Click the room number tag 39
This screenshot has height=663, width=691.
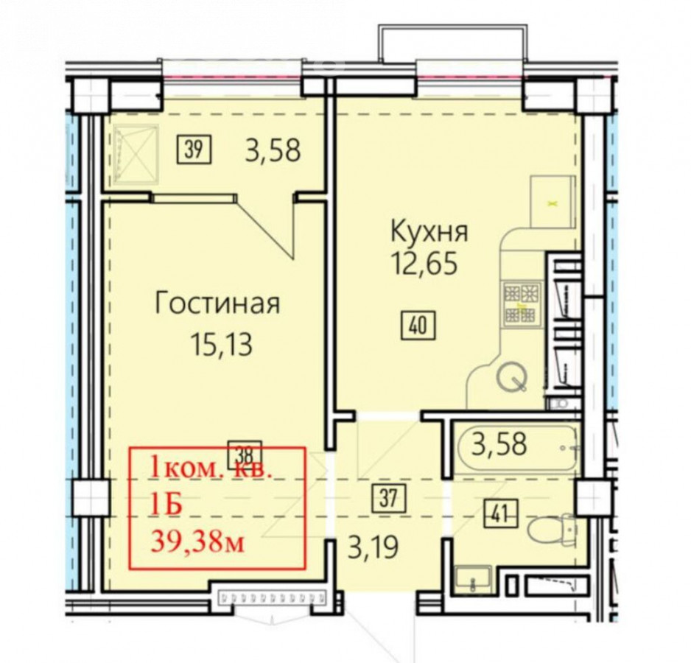point(194,150)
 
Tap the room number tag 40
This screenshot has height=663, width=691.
point(418,326)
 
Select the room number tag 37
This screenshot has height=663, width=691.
point(388,499)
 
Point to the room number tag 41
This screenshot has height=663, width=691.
point(502,513)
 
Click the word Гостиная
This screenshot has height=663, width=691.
point(218,304)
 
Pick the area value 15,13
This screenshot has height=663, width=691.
point(222,344)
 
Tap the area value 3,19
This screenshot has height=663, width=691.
point(373,547)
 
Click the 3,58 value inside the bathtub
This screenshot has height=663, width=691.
point(499,444)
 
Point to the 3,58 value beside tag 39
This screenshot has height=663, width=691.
point(273,150)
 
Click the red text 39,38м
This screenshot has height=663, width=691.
point(197,541)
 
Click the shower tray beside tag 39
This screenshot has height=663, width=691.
point(136,153)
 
